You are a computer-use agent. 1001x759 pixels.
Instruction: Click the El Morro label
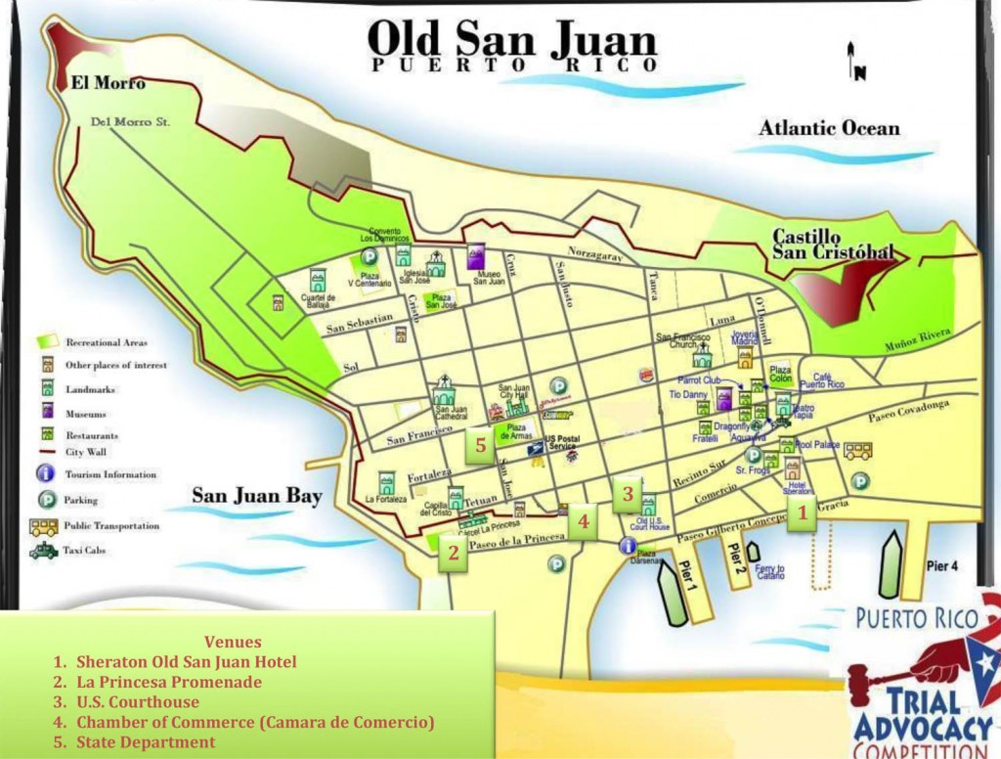108,83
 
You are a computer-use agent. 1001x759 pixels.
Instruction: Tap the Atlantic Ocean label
829,128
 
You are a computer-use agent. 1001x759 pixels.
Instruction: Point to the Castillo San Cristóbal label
833,245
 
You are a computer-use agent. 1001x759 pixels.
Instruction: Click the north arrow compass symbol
853,61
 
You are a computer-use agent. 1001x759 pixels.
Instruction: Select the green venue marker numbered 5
480,445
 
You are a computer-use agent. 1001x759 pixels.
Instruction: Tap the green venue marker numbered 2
453,552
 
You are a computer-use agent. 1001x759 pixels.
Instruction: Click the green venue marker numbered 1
803,512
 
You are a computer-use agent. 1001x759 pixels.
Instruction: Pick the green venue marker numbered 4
583,521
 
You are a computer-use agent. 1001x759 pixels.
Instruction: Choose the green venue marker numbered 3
628,493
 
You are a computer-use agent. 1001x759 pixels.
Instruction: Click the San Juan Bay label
256,496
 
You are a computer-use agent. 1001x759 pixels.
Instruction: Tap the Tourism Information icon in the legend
44,474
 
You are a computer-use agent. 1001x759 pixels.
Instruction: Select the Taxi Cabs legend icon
44,551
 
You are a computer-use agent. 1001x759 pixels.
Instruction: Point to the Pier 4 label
942,566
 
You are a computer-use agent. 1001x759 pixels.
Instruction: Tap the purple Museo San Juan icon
476,258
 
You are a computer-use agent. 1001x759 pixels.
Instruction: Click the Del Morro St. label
130,123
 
